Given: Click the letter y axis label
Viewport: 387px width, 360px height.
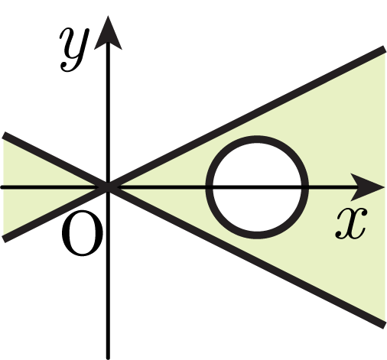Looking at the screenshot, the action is tap(74, 50).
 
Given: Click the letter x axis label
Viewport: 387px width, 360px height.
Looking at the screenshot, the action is tap(351, 223).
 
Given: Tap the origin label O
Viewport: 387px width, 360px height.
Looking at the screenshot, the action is tap(82, 233).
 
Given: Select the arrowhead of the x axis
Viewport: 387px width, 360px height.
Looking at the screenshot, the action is tap(369, 187).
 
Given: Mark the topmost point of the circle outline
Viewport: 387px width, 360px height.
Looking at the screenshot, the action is tap(257, 139).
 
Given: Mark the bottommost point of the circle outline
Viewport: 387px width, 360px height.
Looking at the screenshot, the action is tap(257, 235).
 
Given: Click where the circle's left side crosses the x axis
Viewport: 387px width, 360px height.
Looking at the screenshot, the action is tap(210, 187).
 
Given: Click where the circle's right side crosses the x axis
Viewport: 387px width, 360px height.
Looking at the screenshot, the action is tap(305, 187).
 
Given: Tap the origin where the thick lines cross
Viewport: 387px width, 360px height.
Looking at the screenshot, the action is tap(108, 187).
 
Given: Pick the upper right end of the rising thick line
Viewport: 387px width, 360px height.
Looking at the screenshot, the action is tap(384, 50).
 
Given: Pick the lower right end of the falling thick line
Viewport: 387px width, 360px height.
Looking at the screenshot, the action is tap(384, 326).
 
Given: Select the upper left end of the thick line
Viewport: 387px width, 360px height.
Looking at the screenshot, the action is tap(4, 135).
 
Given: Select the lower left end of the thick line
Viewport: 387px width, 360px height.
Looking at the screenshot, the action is tap(4, 239).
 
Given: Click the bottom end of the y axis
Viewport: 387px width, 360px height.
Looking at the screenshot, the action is tap(108, 358).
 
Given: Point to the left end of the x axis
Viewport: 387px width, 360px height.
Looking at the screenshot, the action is tap(2, 187).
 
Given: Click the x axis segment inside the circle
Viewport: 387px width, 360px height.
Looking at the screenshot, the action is tap(257, 187).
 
